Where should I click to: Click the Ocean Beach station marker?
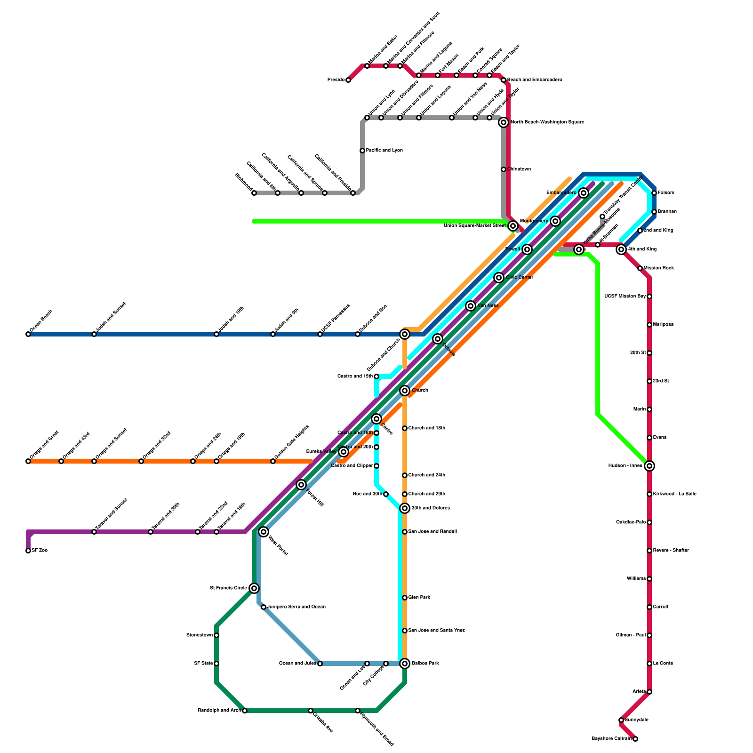28,334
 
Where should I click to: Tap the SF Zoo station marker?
28,551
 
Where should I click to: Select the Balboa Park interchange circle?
405,664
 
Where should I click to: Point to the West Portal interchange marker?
264,532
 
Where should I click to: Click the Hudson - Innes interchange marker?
649,466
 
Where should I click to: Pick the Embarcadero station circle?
584,193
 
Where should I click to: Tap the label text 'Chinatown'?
519,169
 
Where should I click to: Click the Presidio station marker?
348,80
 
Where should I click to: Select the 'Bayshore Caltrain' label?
611,739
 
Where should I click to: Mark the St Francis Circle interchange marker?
254,588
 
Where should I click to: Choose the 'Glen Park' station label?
419,598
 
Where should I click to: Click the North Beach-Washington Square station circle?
504,122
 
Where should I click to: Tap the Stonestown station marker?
216,635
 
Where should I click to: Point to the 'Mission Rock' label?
659,268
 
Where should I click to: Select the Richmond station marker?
254,193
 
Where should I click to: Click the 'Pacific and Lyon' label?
384,151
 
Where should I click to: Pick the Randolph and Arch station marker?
245,711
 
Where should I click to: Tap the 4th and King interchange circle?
621,249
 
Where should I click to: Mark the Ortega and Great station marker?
28,461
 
